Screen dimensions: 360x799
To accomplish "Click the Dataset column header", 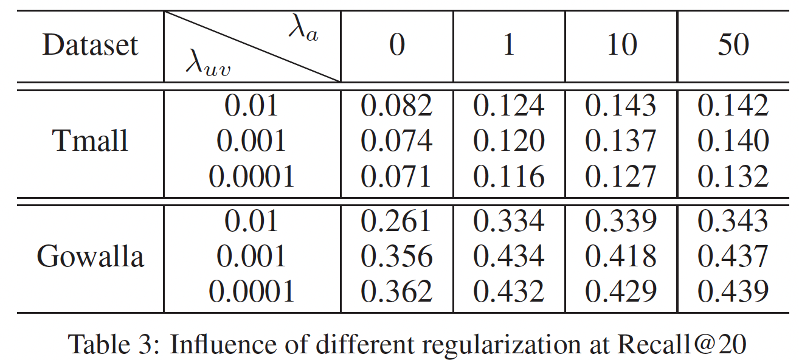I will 90,46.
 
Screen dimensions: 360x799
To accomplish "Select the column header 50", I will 733,46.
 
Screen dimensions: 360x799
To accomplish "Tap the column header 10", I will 621,46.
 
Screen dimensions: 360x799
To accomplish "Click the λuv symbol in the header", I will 209,65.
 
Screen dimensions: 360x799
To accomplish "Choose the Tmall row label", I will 91,141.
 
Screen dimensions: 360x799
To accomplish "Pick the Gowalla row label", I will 91,257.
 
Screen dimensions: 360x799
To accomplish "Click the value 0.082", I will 396,106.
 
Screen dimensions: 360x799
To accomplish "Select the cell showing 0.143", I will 621,106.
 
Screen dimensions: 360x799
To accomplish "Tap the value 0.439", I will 733,292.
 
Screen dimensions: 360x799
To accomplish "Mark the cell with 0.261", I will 396,221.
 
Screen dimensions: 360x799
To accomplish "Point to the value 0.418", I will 621,257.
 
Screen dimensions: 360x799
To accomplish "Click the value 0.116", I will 508,176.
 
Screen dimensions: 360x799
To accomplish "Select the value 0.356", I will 396,257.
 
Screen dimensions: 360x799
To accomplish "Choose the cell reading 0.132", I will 733,176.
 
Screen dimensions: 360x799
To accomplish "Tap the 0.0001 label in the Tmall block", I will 251,176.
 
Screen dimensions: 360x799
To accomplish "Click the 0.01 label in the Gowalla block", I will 251,221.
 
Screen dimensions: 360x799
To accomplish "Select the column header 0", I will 396,46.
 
